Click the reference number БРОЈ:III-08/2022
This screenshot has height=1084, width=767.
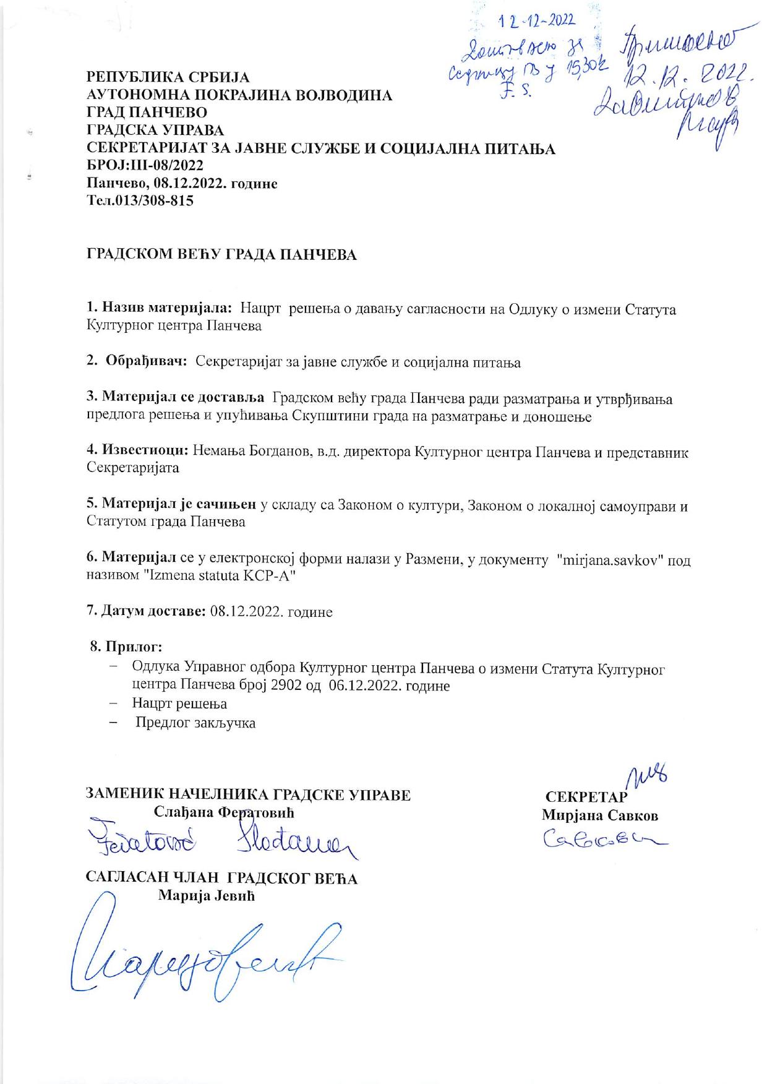[145, 166]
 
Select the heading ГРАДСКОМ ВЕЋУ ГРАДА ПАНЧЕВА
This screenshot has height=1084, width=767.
[221, 255]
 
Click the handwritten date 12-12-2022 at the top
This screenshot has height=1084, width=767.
[537, 22]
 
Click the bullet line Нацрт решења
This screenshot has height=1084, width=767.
[179, 703]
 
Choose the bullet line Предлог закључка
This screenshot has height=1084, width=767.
[195, 722]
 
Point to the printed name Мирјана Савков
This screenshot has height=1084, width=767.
[600, 815]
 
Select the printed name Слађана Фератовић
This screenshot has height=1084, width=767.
[224, 811]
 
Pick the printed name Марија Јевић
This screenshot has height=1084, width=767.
[207, 895]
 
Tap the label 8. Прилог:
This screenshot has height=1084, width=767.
[127, 647]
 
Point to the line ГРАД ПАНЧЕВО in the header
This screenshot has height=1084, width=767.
[147, 113]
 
